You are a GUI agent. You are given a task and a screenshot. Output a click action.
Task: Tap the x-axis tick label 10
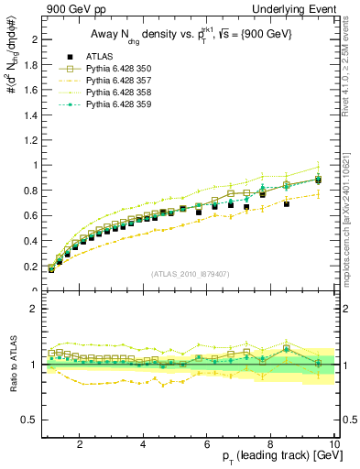click(x=334, y=443)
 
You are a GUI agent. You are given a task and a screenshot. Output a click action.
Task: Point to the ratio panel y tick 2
click(x=35, y=309)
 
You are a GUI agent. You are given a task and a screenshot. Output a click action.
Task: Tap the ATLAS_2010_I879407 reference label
click(x=190, y=274)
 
